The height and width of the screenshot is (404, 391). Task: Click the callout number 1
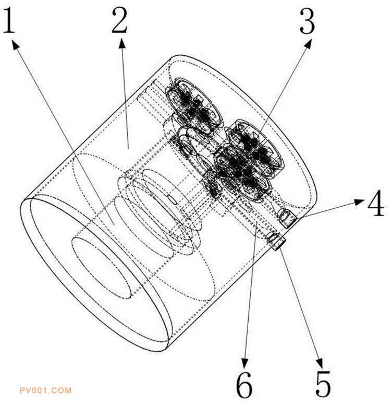coord(9,20)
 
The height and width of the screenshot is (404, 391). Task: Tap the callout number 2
coord(119,20)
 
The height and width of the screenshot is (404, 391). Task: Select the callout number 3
coord(308,20)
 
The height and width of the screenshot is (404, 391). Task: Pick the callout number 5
coord(323,384)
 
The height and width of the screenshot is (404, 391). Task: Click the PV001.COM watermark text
coord(45,390)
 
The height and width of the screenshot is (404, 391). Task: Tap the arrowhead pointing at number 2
coord(123,43)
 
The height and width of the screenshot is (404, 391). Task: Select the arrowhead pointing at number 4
coord(359,202)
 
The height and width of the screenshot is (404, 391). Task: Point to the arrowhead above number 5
coord(319,363)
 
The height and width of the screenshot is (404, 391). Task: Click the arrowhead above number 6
coord(245,363)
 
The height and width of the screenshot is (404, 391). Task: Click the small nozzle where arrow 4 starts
coord(288,218)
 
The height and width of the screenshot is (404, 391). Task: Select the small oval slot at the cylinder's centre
coord(172,199)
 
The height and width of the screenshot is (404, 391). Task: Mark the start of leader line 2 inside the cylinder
coord(128,149)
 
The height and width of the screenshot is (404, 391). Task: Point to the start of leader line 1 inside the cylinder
coord(114,224)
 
